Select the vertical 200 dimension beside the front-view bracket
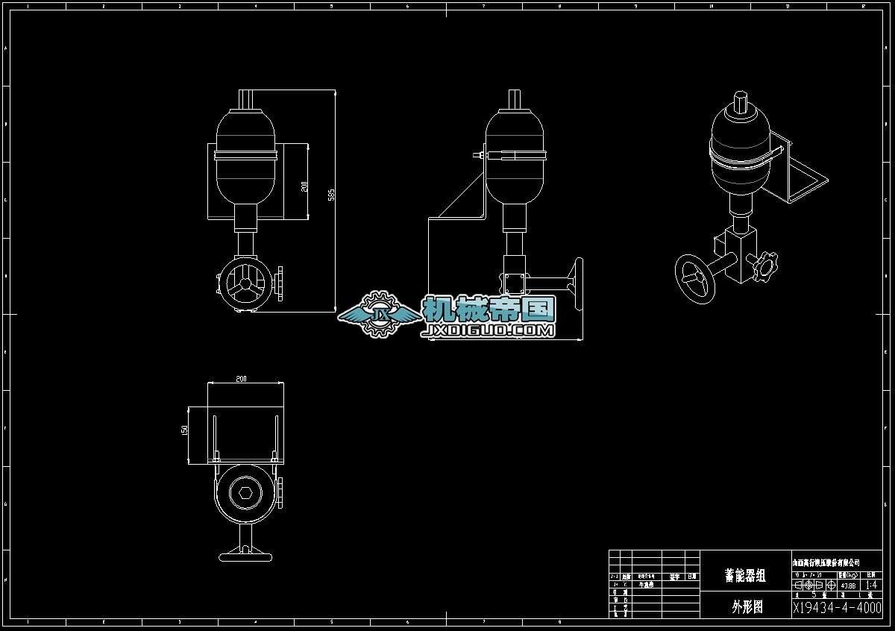pos(304,186)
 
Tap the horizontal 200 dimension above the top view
pos(241,379)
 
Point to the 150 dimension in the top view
pos(184,430)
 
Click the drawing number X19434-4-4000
pos(837,608)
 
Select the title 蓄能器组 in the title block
pos(745,576)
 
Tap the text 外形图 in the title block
pos(747,607)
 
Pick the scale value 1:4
pos(870,586)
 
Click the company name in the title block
pos(826,562)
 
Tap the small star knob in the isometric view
pos(763,267)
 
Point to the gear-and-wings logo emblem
pos(379,315)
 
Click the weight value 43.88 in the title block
pos(848,586)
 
